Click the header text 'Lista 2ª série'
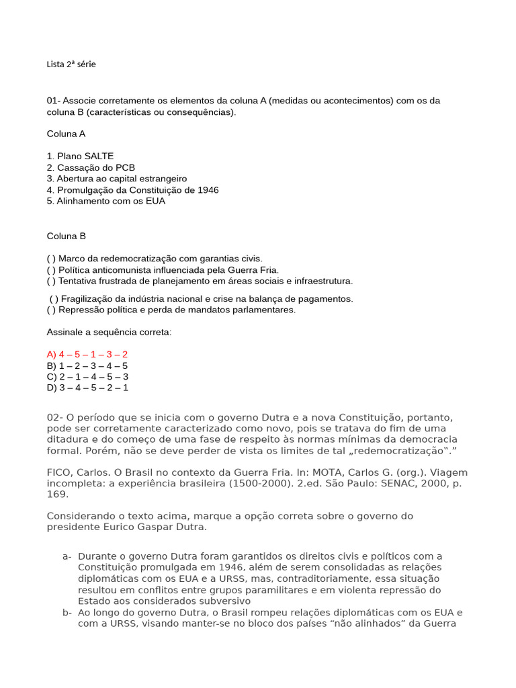pos(71,64)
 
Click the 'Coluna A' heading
pos(66,134)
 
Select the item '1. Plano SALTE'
pos(80,156)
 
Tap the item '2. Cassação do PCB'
pos(91,167)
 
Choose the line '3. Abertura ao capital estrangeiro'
pos(116,179)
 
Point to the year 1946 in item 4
pos(208,190)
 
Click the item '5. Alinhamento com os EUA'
pos(105,201)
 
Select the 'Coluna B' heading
pos(66,236)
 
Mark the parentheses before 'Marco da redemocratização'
pos(51,259)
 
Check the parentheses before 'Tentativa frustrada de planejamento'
pos(51,281)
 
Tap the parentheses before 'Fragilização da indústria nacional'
pos(54,299)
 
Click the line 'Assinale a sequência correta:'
pos(109,333)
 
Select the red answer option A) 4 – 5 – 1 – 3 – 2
pos(87,354)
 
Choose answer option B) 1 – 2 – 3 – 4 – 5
pos(87,365)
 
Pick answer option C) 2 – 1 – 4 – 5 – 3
pos(87,377)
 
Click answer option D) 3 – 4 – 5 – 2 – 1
pos(87,388)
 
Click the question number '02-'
pos(55,418)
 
